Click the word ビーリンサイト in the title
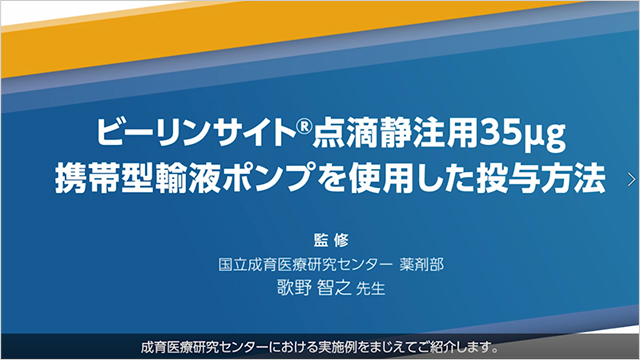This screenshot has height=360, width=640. click(177, 131)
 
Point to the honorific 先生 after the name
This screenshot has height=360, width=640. click(369, 289)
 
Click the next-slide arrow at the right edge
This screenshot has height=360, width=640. click(630, 179)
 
